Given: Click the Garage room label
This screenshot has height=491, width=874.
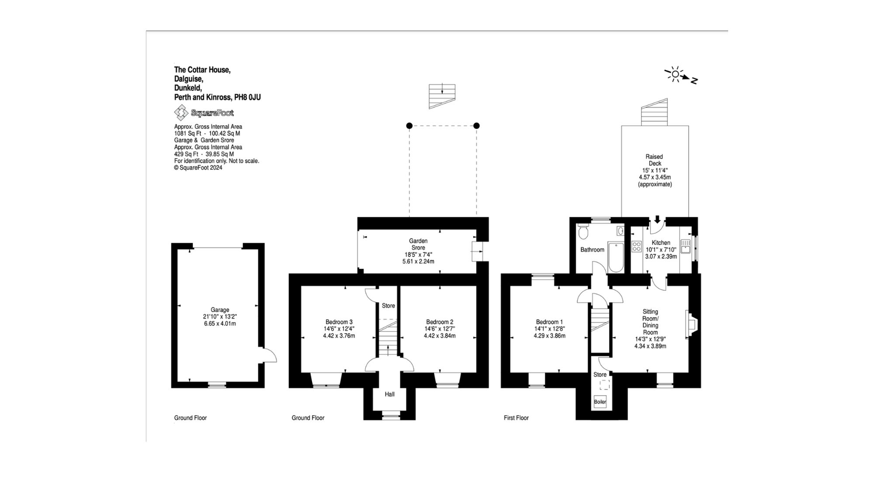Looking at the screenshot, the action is (220, 310).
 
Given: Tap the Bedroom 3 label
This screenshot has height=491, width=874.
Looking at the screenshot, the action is (339, 322).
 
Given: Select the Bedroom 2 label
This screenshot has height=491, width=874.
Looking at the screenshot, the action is (440, 322).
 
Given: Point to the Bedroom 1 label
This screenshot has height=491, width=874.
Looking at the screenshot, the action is (549, 322).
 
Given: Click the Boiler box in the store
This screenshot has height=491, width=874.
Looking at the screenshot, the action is (600, 402).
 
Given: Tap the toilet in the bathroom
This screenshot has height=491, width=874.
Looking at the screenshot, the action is (583, 232).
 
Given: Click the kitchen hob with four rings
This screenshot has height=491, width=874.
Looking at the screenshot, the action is (636, 247).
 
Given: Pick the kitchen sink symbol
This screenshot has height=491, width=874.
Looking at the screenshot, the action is (686, 246).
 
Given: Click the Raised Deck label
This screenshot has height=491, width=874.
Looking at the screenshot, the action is (654, 160).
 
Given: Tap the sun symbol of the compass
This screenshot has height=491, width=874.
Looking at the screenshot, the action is (675, 74).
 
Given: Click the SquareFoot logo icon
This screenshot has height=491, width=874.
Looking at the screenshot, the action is (181, 113).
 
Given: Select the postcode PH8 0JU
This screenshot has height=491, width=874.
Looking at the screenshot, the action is (247, 97).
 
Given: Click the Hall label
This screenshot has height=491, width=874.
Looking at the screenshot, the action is (389, 394).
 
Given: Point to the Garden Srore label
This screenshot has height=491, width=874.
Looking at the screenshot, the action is (418, 244).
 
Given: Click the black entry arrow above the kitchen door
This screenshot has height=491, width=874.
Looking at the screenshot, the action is (657, 219).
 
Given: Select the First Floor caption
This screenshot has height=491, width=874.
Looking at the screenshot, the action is (516, 418).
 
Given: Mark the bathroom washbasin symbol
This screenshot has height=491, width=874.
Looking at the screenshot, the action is (621, 231).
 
